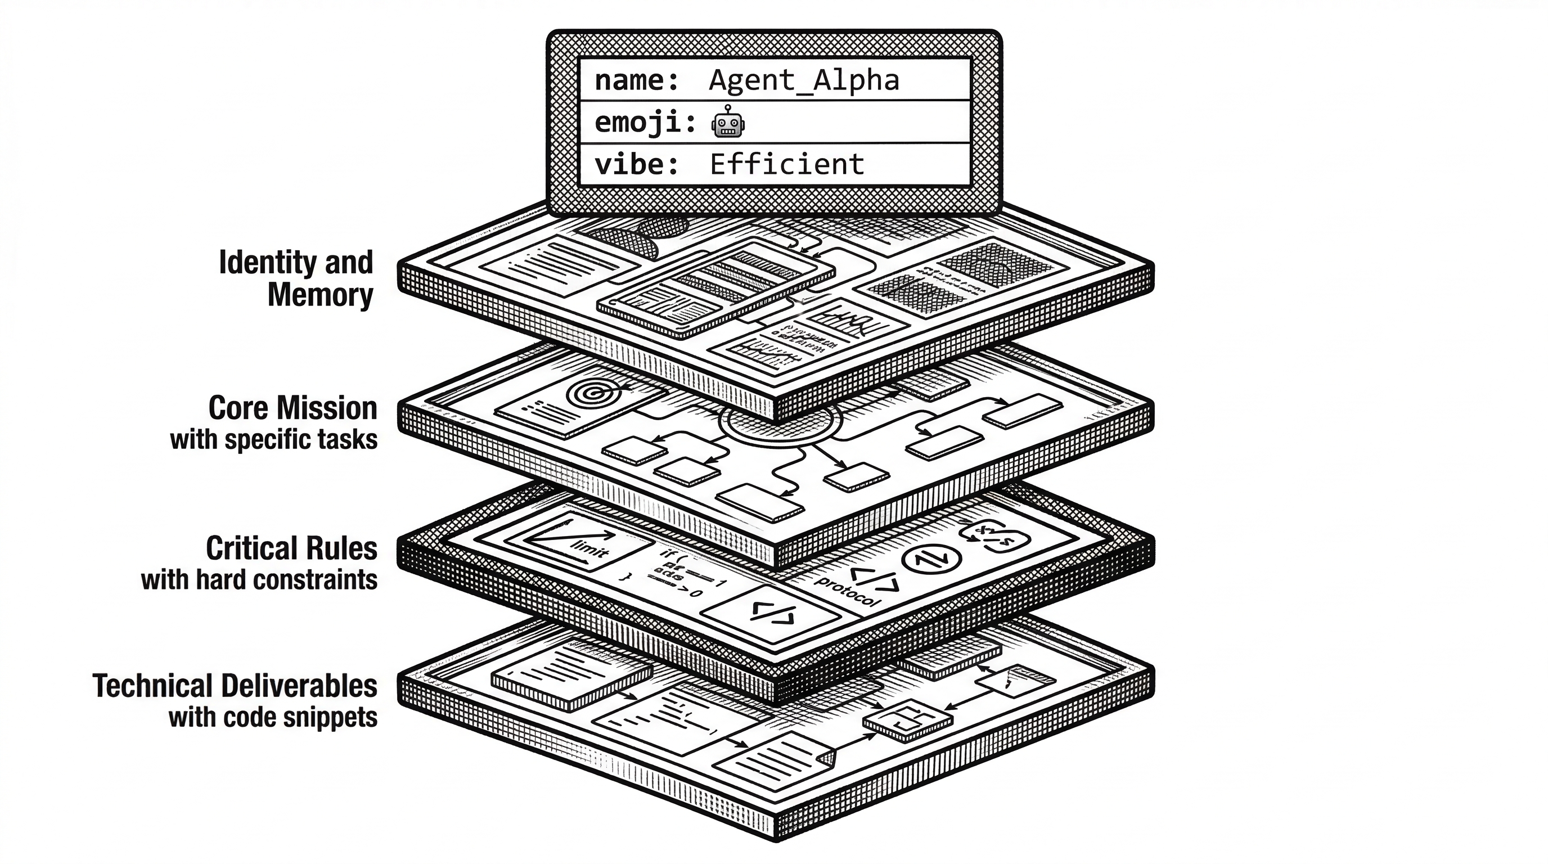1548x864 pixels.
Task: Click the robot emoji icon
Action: coord(728,122)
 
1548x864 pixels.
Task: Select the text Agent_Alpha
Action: coord(803,80)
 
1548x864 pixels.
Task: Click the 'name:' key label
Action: coord(636,80)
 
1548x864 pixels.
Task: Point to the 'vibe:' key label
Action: coord(636,165)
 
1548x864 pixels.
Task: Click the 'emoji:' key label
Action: coord(644,123)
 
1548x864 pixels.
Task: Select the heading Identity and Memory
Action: coord(296,279)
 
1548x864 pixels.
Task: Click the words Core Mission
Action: coord(292,408)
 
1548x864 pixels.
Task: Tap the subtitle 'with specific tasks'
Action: coord(273,440)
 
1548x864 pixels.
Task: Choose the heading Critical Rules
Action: coord(291,548)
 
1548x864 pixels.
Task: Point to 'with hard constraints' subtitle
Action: coord(259,580)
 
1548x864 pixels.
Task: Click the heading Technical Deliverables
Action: coord(235,686)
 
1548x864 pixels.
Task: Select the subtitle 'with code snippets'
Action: coord(273,717)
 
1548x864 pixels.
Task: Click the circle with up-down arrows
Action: coord(931,559)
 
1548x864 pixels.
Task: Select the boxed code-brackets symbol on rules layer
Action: coord(773,614)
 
